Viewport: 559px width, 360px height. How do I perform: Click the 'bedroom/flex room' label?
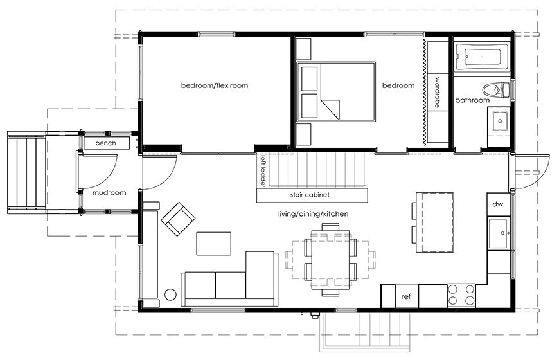coord(214,85)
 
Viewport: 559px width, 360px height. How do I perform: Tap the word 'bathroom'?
coord(472,100)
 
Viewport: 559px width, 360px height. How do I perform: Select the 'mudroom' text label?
coord(109,193)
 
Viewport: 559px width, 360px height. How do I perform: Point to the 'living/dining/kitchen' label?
coord(313,214)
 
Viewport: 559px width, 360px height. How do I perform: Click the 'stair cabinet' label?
coord(310,195)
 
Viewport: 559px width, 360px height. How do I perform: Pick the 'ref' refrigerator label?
coord(406,296)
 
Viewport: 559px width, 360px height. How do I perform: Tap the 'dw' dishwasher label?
coord(498,204)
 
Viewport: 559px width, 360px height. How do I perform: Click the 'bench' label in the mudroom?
coord(105,143)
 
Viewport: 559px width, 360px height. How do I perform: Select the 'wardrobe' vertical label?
coord(438,93)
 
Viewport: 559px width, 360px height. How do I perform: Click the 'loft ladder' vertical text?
coord(263,171)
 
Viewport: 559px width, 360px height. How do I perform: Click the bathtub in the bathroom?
coord(482,57)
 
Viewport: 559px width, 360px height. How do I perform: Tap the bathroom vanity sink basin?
coord(500,122)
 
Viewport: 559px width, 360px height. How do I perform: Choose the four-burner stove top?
coord(461,296)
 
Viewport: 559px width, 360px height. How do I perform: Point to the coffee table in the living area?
coord(213,244)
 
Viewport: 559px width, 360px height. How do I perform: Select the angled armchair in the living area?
coord(178,219)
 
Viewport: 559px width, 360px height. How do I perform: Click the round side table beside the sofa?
coord(170,294)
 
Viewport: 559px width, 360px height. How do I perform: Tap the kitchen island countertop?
coord(434,222)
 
